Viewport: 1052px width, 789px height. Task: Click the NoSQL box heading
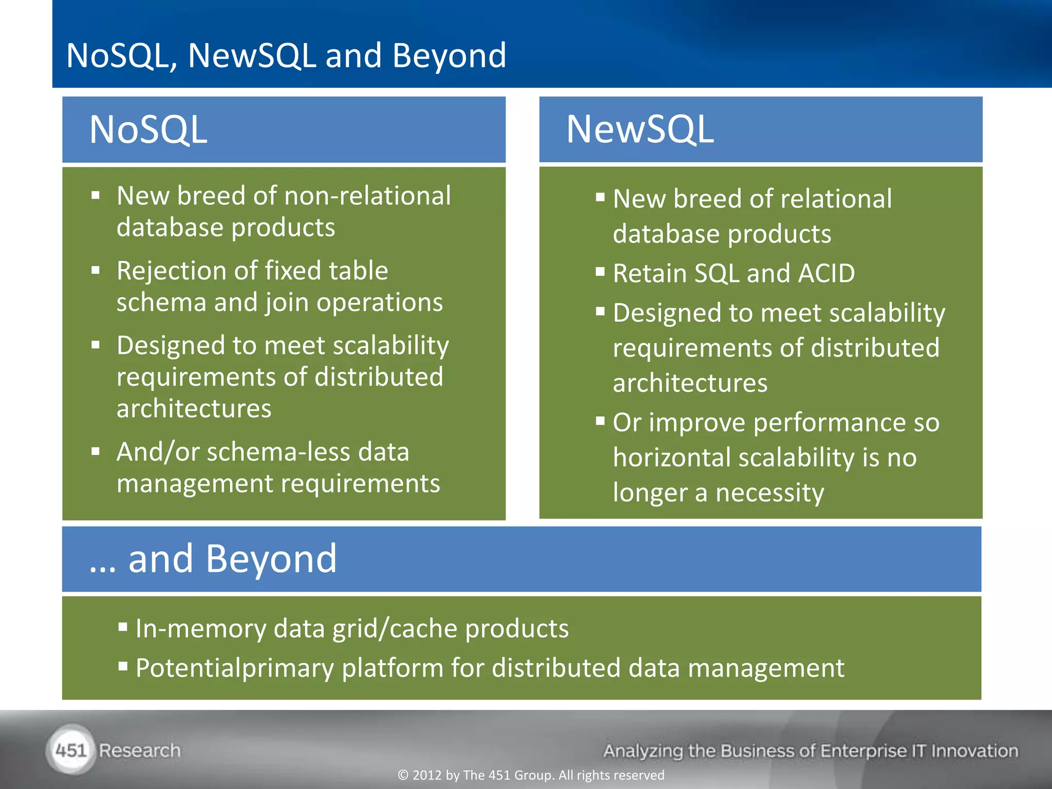148,129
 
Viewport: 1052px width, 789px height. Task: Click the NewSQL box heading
640,129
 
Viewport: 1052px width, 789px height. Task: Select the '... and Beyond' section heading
213,559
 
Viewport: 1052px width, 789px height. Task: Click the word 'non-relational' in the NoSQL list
367,196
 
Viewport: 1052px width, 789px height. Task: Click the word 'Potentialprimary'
234,668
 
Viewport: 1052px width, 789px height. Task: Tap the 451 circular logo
71,750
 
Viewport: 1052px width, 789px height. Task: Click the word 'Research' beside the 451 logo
140,750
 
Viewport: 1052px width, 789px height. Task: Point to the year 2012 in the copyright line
427,775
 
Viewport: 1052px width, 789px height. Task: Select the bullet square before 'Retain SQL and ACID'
600,272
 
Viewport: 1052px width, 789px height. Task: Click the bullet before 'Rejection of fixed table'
96,270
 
